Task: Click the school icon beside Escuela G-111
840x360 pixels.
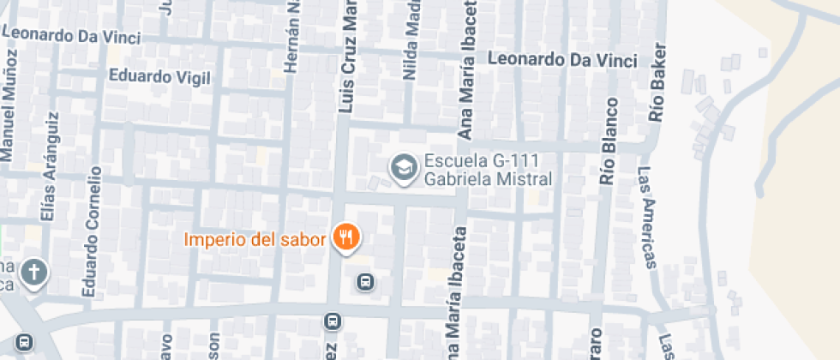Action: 401,167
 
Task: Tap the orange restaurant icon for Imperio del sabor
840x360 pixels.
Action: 345,237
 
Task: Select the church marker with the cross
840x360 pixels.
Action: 33,273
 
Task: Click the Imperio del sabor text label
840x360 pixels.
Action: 255,238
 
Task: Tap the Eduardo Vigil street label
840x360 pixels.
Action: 159,76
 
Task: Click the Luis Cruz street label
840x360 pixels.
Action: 347,57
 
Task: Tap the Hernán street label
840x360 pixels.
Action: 294,35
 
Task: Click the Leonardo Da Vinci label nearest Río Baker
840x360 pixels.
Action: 561,60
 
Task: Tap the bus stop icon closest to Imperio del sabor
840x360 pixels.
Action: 365,281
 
